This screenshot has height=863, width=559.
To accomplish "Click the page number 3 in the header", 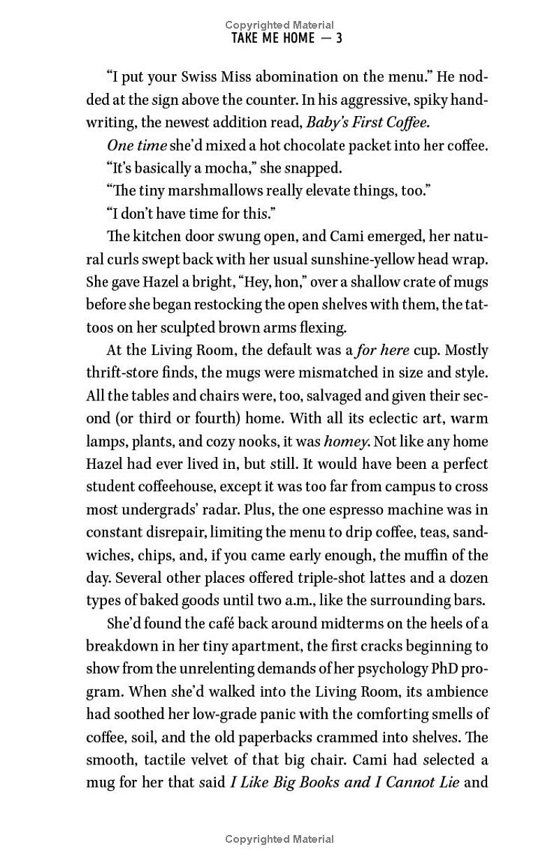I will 339,38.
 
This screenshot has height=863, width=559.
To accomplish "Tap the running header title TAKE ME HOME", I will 273,38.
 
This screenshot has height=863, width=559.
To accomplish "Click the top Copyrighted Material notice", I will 279,25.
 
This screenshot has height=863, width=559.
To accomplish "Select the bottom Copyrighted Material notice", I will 279,839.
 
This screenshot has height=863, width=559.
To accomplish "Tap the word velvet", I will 210,760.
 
